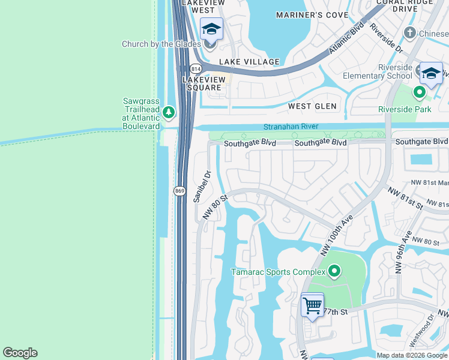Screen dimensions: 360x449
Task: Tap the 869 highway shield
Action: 179,191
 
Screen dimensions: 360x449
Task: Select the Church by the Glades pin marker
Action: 210,43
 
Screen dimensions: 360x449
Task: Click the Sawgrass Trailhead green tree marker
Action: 169,112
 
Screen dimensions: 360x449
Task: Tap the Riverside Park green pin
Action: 420,93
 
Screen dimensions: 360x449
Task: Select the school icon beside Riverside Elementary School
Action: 430,73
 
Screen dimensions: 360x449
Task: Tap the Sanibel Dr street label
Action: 202,187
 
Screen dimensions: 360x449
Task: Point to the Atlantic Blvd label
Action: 346,39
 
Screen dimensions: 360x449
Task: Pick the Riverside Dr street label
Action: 385,37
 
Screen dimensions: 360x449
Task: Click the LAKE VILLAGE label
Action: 249,62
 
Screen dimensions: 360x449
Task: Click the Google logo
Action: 20,353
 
